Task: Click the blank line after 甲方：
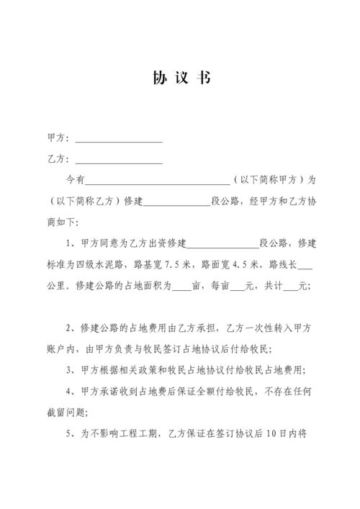pyautogui.click(x=119, y=140)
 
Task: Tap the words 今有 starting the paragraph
pyautogui.click(x=76, y=181)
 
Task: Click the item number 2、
pyautogui.click(x=71, y=329)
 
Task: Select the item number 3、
pyautogui.click(x=71, y=371)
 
